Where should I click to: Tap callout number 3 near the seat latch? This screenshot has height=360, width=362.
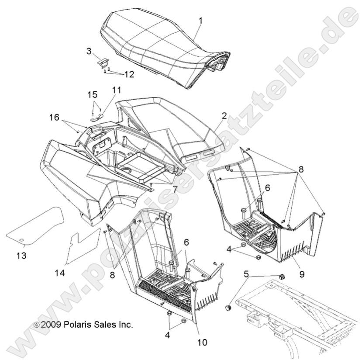click(89, 51)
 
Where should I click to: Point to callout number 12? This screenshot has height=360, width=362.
click(117, 74)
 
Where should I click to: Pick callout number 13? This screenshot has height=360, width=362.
click(21, 255)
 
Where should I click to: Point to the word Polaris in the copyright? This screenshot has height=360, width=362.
click(77, 325)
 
